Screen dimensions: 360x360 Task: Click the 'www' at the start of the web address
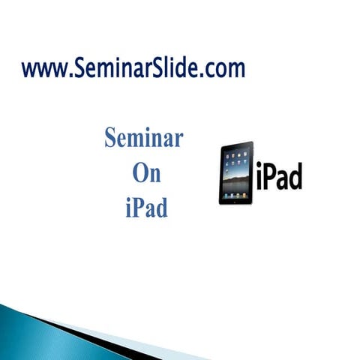click(x=46, y=70)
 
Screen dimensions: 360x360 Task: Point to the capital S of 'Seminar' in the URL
click(x=78, y=69)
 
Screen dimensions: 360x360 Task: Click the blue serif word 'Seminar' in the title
click(x=144, y=139)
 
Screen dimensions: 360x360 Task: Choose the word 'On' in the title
click(x=145, y=173)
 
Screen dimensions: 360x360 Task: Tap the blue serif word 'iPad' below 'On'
click(x=145, y=206)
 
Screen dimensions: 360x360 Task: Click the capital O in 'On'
click(x=138, y=173)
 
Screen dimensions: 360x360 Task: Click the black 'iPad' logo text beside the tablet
click(x=278, y=176)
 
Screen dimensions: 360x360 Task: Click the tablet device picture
click(x=236, y=173)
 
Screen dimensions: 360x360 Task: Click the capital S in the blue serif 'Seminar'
click(x=111, y=139)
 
